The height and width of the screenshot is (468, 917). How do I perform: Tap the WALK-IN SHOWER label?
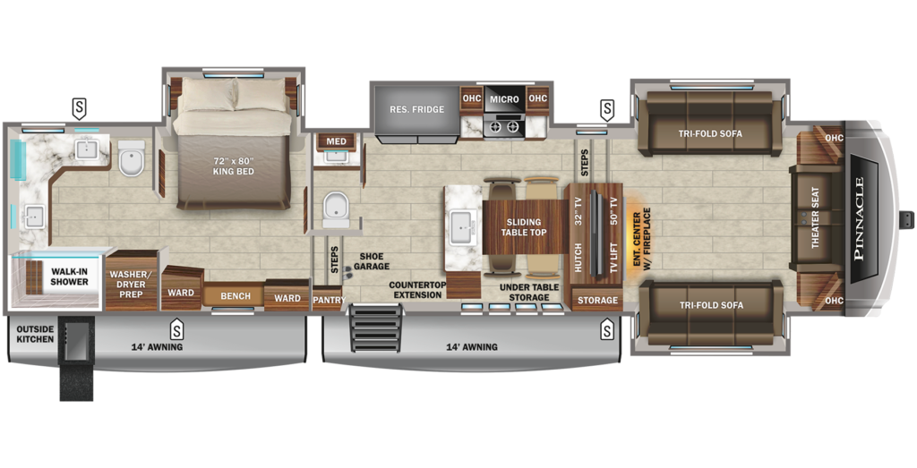[69, 276]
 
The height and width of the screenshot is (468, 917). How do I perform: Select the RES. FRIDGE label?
[416, 109]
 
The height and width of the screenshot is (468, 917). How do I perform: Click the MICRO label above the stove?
[504, 99]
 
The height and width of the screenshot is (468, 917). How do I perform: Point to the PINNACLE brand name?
[859, 218]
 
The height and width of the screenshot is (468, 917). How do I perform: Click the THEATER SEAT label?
[815, 218]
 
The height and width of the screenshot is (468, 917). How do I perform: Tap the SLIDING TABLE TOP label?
[524, 227]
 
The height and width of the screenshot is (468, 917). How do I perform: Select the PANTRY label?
[328, 301]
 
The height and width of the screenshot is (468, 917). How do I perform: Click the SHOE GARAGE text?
[372, 260]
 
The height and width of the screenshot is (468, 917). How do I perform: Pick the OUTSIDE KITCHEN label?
[36, 334]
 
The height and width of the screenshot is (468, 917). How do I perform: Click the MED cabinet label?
[336, 141]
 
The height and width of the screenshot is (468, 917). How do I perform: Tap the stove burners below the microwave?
[503, 127]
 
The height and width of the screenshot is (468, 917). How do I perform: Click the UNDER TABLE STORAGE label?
[529, 292]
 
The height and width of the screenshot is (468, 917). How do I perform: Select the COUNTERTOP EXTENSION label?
[417, 290]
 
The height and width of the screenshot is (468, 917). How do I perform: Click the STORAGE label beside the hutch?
[597, 301]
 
